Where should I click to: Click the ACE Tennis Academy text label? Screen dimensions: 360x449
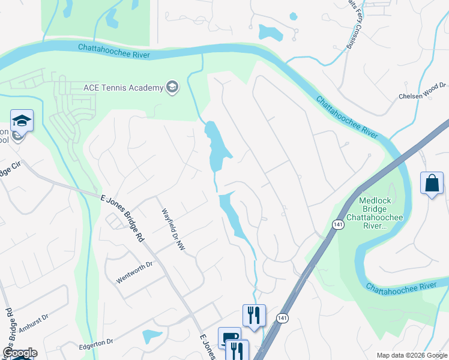coord(123,88)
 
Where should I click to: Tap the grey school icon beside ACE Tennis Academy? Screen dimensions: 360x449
coord(173,88)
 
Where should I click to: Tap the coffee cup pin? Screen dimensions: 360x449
coord(228,338)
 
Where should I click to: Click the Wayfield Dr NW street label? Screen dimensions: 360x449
coord(172,229)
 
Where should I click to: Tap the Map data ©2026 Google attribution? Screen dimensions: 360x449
coord(411,355)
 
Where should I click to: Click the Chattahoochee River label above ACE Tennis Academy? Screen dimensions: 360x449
coord(114,52)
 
